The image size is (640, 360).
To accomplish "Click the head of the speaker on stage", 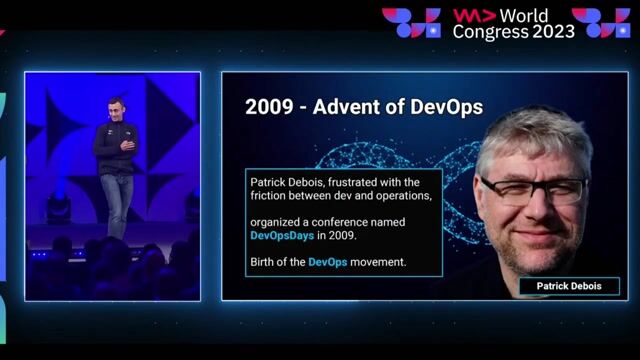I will click(x=118, y=107).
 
